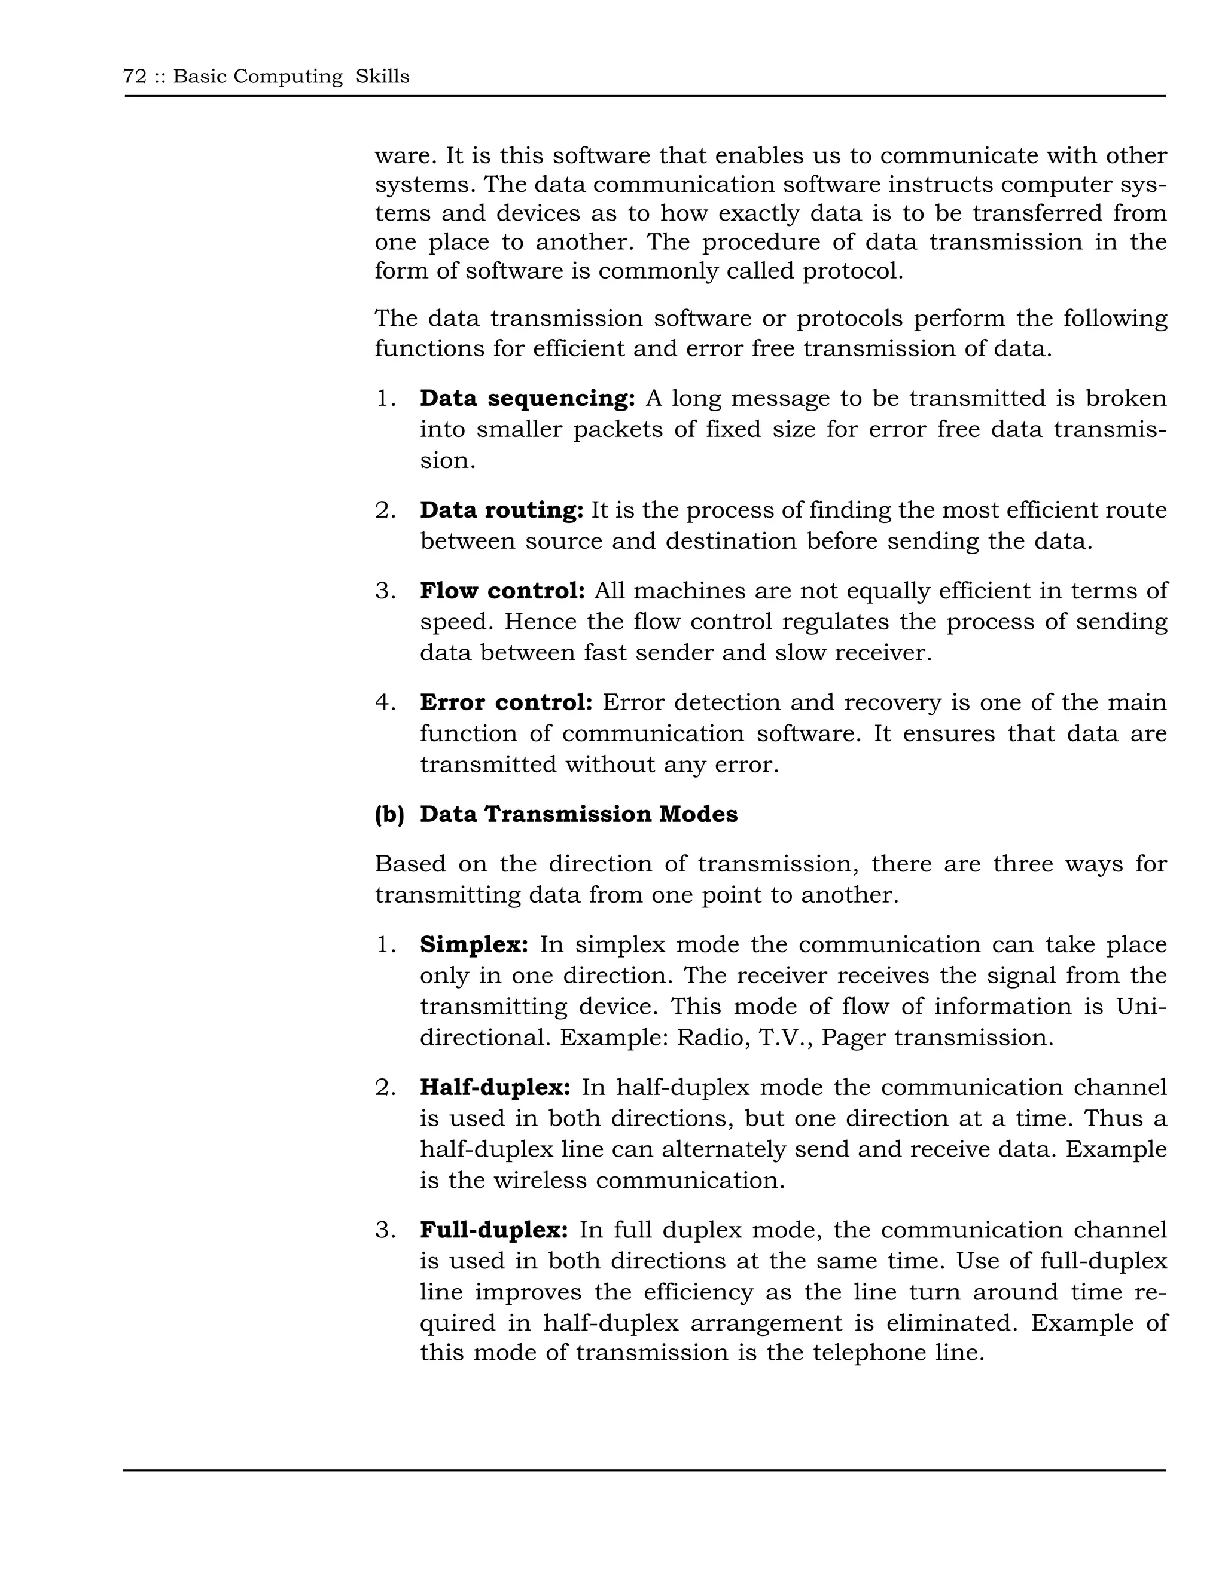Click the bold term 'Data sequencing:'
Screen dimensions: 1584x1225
pos(528,398)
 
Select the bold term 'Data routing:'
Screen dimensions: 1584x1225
pos(501,510)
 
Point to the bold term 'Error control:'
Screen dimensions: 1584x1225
pos(506,702)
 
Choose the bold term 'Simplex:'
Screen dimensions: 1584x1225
pos(474,944)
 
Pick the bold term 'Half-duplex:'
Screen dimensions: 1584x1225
pos(495,1087)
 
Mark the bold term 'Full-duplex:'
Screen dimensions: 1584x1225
pos(493,1230)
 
